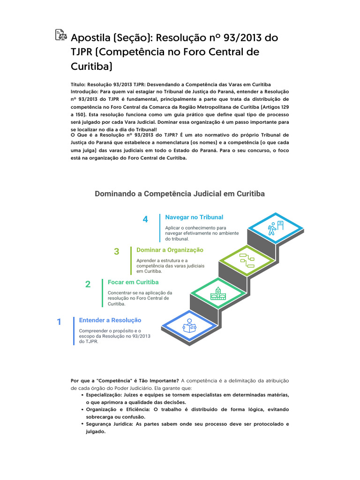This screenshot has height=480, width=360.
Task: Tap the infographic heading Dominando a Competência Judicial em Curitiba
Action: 180,194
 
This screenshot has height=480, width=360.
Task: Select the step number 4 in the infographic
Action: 145,219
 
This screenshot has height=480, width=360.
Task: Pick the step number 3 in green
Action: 117,252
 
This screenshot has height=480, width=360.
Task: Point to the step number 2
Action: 88,284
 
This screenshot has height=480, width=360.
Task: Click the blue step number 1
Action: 59,322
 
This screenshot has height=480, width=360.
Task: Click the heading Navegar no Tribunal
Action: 194,217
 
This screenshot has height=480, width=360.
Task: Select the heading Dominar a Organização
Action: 170,250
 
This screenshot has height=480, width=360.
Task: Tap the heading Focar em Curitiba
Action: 133,282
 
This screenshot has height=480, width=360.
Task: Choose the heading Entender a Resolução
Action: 110,320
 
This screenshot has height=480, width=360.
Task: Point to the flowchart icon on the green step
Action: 247,259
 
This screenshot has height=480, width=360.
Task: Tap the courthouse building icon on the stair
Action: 218,293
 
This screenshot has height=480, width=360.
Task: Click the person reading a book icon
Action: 189,325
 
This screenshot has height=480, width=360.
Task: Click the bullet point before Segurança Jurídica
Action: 82,424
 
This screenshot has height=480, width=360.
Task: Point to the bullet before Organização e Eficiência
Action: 82,409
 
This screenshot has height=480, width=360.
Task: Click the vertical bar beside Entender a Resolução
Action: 74,330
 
